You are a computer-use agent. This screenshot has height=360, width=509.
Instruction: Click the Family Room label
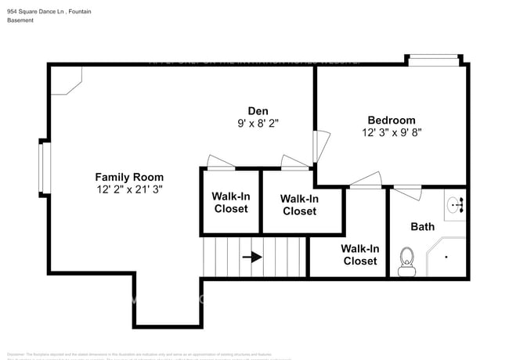point(129,177)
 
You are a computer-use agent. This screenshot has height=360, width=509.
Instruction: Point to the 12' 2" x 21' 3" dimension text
point(129,189)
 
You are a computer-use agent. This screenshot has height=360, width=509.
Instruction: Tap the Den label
point(258,110)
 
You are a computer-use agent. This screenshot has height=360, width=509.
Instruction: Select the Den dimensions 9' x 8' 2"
point(258,123)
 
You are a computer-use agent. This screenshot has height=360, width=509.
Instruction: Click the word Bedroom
point(392,120)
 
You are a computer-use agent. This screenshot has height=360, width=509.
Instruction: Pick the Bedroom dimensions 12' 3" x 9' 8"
point(392,132)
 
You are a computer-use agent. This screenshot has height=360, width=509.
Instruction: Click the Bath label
point(422,227)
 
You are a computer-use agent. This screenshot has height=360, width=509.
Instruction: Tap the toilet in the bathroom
point(406,261)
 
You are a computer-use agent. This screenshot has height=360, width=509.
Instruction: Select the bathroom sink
point(455,206)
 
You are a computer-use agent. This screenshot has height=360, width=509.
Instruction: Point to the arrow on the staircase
point(251,256)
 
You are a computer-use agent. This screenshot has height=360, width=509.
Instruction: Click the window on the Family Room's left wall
point(45,167)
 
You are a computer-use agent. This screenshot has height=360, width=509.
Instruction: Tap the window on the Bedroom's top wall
point(434,59)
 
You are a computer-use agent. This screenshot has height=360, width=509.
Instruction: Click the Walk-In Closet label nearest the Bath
point(359,254)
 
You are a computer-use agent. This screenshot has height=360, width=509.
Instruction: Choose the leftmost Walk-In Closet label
point(231,203)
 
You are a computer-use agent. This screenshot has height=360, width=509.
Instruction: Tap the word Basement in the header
point(22,20)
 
